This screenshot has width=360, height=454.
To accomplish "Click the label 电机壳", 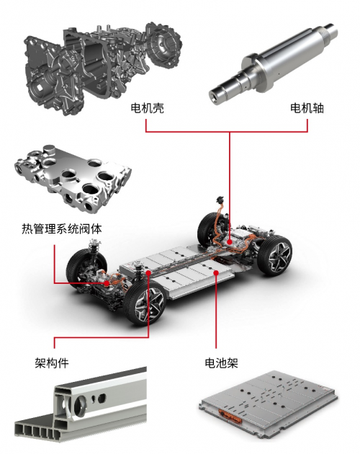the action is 148,108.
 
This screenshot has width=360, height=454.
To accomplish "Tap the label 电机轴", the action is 307,108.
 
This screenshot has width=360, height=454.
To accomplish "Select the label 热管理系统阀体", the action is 62,228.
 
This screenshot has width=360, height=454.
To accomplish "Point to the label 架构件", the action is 52,362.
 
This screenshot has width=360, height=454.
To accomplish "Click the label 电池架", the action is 221,362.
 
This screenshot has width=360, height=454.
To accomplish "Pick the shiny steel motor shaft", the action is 274,63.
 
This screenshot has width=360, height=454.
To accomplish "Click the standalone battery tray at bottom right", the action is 268,405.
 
